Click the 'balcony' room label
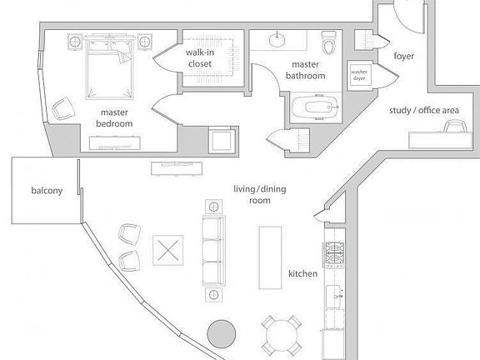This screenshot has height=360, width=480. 47,191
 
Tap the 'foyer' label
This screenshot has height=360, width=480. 404,56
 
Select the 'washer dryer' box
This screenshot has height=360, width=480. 359,75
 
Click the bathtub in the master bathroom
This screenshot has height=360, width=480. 315,107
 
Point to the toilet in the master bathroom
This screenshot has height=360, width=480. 329,42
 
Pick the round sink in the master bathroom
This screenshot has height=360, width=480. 277,39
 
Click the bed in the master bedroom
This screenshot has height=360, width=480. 110,67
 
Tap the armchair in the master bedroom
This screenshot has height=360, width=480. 63,108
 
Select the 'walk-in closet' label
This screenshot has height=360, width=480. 200,58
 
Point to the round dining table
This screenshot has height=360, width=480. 282,336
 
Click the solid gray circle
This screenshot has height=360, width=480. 222,333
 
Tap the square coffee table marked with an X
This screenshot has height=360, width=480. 168,250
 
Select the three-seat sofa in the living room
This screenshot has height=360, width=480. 214,251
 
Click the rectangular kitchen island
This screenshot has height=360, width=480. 270,257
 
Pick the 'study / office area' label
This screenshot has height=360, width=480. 424,111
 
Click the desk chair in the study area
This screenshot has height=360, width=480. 456,126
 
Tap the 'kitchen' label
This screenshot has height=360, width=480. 302,273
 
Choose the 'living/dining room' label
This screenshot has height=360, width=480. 260,195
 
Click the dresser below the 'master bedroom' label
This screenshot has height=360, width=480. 115,143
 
